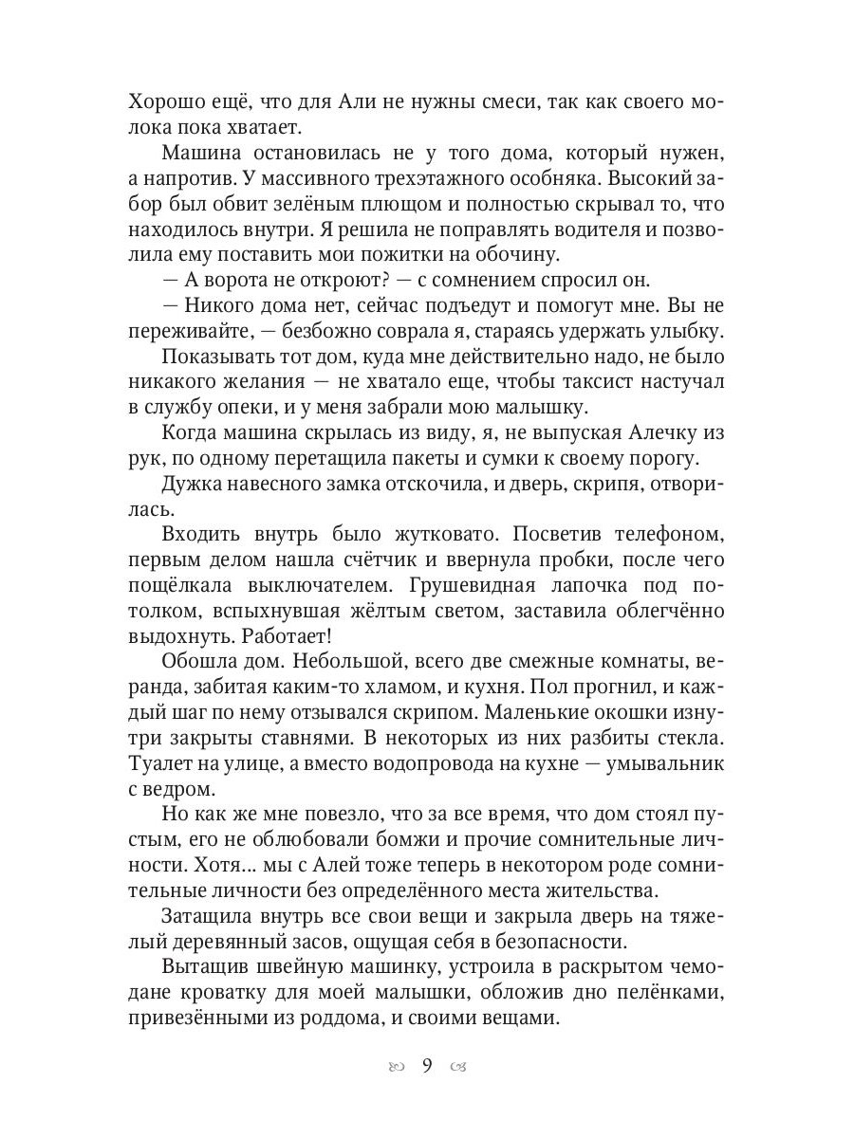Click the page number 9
(426, 1067)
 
